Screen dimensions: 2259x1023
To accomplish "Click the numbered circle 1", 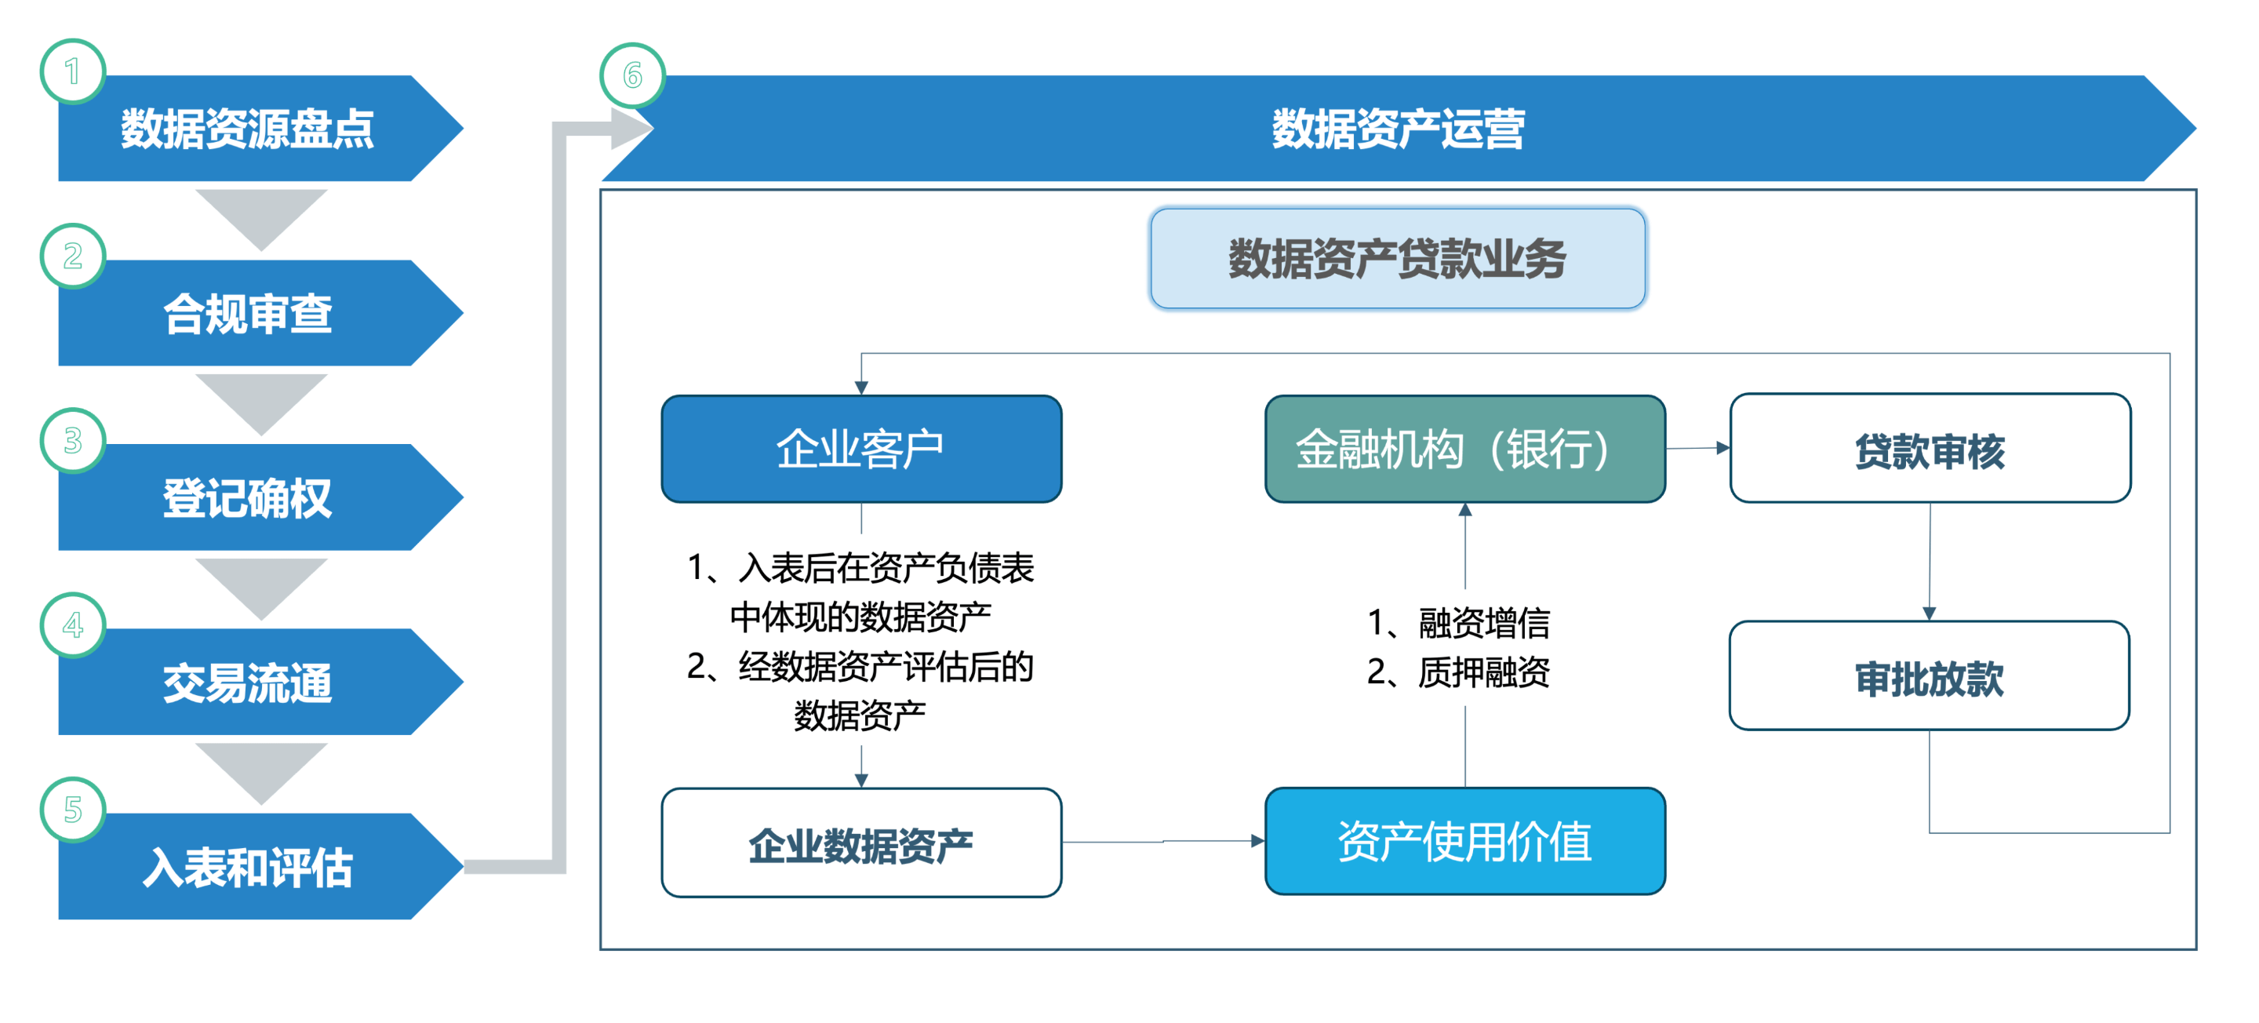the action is tap(73, 71).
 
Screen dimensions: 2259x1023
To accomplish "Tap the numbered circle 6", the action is tap(632, 75).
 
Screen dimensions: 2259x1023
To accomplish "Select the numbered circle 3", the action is tap(73, 440).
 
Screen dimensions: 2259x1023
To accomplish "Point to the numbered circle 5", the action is tap(73, 810).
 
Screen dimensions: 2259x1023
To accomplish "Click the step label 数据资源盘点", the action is tap(247, 129).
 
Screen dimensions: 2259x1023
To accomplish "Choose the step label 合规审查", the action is tap(247, 313).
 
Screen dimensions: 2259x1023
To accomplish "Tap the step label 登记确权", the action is tap(247, 498).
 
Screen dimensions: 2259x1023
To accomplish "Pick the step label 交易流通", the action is tap(247, 683).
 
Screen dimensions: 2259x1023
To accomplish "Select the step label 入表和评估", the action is tap(247, 868).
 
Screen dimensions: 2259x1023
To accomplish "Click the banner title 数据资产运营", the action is tap(1398, 129).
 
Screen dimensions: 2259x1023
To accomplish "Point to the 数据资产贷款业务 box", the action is tap(1398, 259).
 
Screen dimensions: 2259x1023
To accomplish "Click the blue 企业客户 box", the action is tap(861, 448).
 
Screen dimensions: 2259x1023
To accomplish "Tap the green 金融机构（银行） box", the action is tap(1464, 448).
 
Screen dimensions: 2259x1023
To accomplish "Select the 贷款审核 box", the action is tap(1930, 448).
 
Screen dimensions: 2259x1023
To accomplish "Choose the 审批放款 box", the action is tap(1930, 675).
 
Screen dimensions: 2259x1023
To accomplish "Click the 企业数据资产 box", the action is tap(861, 843).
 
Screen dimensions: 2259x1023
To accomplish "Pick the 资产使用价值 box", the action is tap(1464, 842).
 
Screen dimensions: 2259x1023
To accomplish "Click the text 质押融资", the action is tap(1484, 673).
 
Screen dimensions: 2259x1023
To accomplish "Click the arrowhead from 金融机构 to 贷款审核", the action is tap(1723, 447).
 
